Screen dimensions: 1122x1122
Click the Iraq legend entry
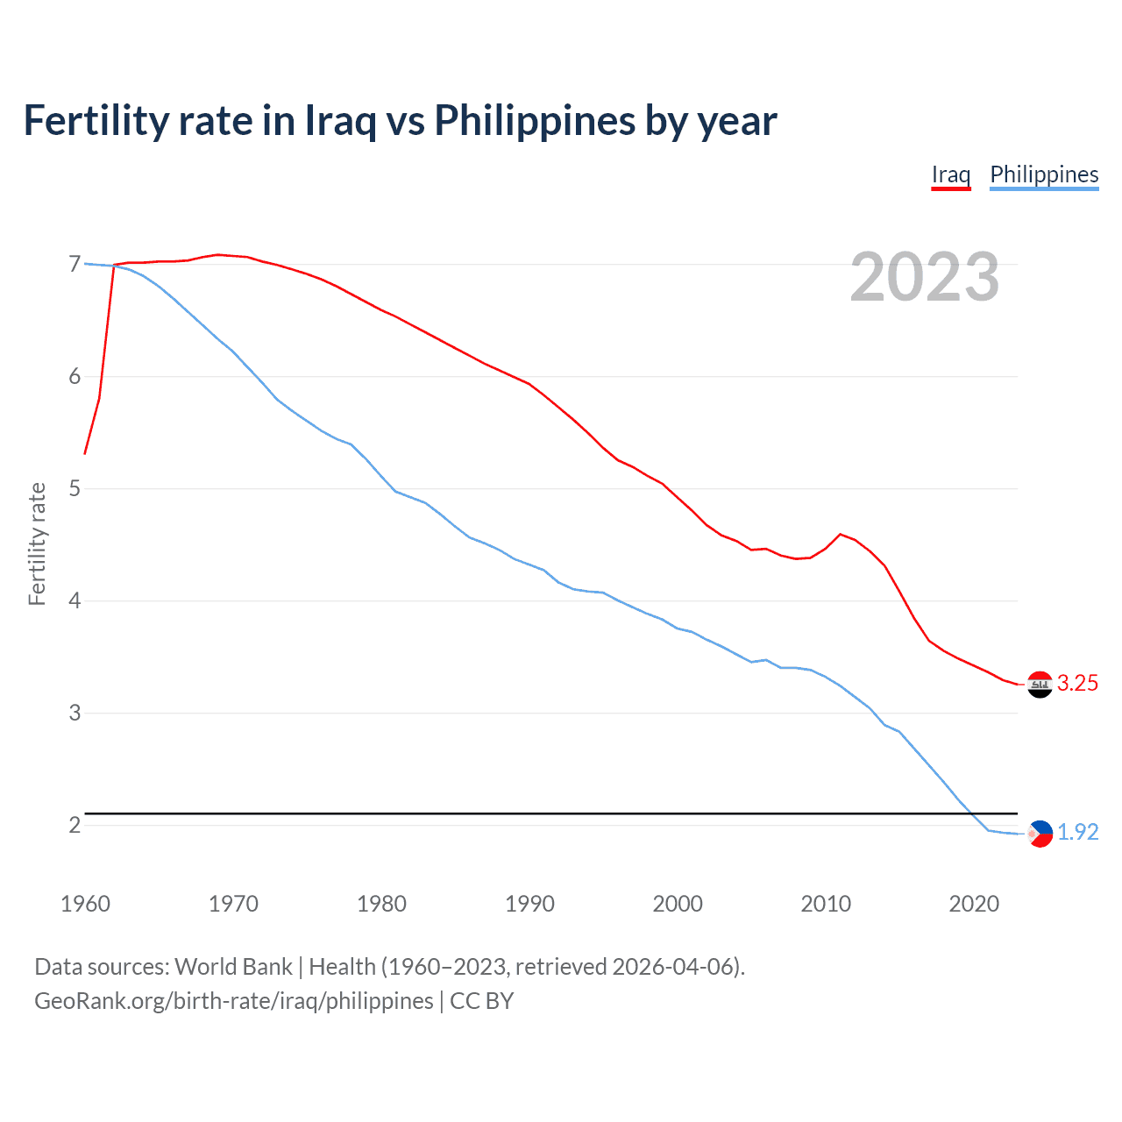(x=950, y=174)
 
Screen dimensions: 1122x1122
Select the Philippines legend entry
(x=1043, y=174)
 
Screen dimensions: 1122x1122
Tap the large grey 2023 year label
(x=924, y=277)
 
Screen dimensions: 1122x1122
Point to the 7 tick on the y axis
(x=75, y=265)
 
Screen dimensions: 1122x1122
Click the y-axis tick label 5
(x=75, y=488)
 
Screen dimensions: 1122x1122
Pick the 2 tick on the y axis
(x=75, y=825)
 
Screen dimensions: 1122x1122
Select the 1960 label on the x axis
(x=85, y=904)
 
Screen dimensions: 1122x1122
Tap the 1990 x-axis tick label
(x=529, y=904)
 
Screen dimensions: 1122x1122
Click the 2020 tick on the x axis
(x=974, y=904)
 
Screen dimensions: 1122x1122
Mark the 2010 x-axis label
(x=826, y=904)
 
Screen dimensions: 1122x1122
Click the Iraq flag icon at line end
(x=1040, y=685)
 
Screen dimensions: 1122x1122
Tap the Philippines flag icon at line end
(x=1040, y=834)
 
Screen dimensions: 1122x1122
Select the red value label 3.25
(x=1077, y=684)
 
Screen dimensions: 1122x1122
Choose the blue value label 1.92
(x=1077, y=833)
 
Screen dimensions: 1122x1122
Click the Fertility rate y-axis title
(x=37, y=543)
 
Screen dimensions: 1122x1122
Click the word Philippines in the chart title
(x=535, y=121)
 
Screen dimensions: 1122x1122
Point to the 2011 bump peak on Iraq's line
(x=841, y=534)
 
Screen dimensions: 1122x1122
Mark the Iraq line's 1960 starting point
(x=85, y=454)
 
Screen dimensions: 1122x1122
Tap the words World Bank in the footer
(x=233, y=967)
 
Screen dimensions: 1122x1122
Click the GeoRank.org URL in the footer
(x=233, y=1001)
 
